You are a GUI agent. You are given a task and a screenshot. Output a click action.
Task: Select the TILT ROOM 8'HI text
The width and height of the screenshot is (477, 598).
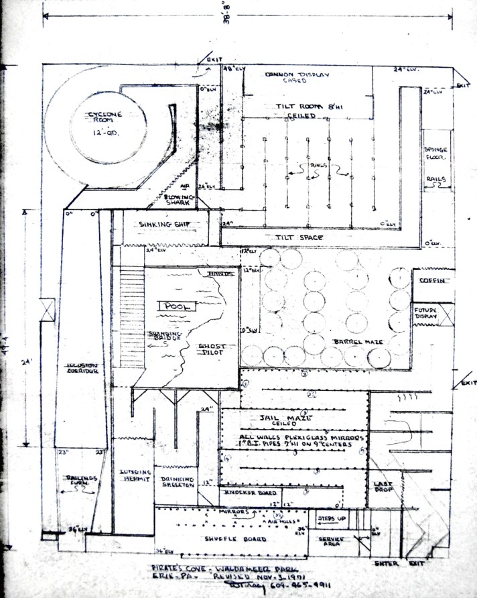tap(305, 107)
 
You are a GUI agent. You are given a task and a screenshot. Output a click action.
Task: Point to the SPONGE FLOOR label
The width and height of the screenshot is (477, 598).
tap(435, 153)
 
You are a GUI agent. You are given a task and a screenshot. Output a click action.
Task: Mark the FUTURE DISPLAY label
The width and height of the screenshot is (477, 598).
tap(426, 314)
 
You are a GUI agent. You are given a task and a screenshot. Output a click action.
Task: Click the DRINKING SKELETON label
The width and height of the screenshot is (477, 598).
tap(177, 483)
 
